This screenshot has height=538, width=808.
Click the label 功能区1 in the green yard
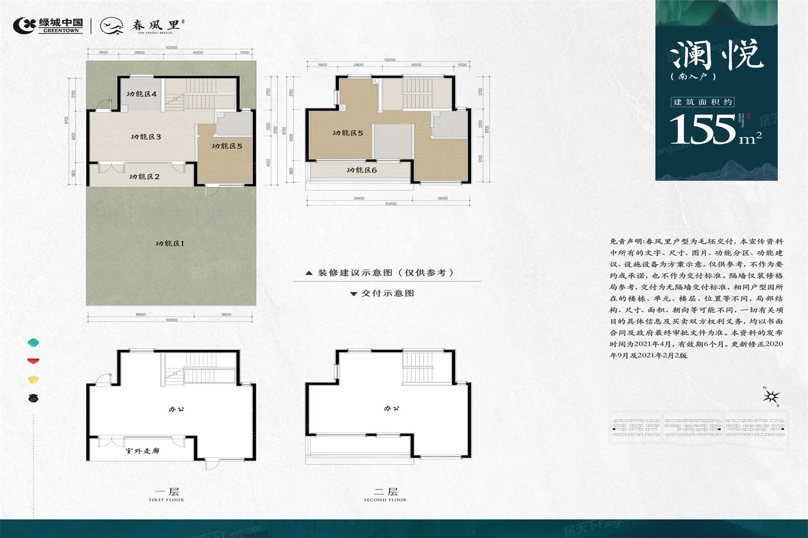169,243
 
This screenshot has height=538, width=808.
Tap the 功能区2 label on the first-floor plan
144,176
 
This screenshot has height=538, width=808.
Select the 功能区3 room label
145,137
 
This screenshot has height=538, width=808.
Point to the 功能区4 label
142,93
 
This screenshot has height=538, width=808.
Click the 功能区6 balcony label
361,170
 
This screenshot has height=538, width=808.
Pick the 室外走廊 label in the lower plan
142,451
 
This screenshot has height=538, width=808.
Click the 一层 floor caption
167,492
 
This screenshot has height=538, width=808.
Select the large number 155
702,129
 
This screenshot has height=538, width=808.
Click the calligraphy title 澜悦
716,55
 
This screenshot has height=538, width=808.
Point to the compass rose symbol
771,396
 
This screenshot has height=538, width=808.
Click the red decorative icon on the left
33,361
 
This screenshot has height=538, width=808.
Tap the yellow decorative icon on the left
33,379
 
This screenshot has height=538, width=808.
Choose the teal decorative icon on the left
33,343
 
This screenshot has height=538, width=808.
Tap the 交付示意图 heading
387,293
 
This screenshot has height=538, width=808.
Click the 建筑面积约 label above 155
702,102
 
